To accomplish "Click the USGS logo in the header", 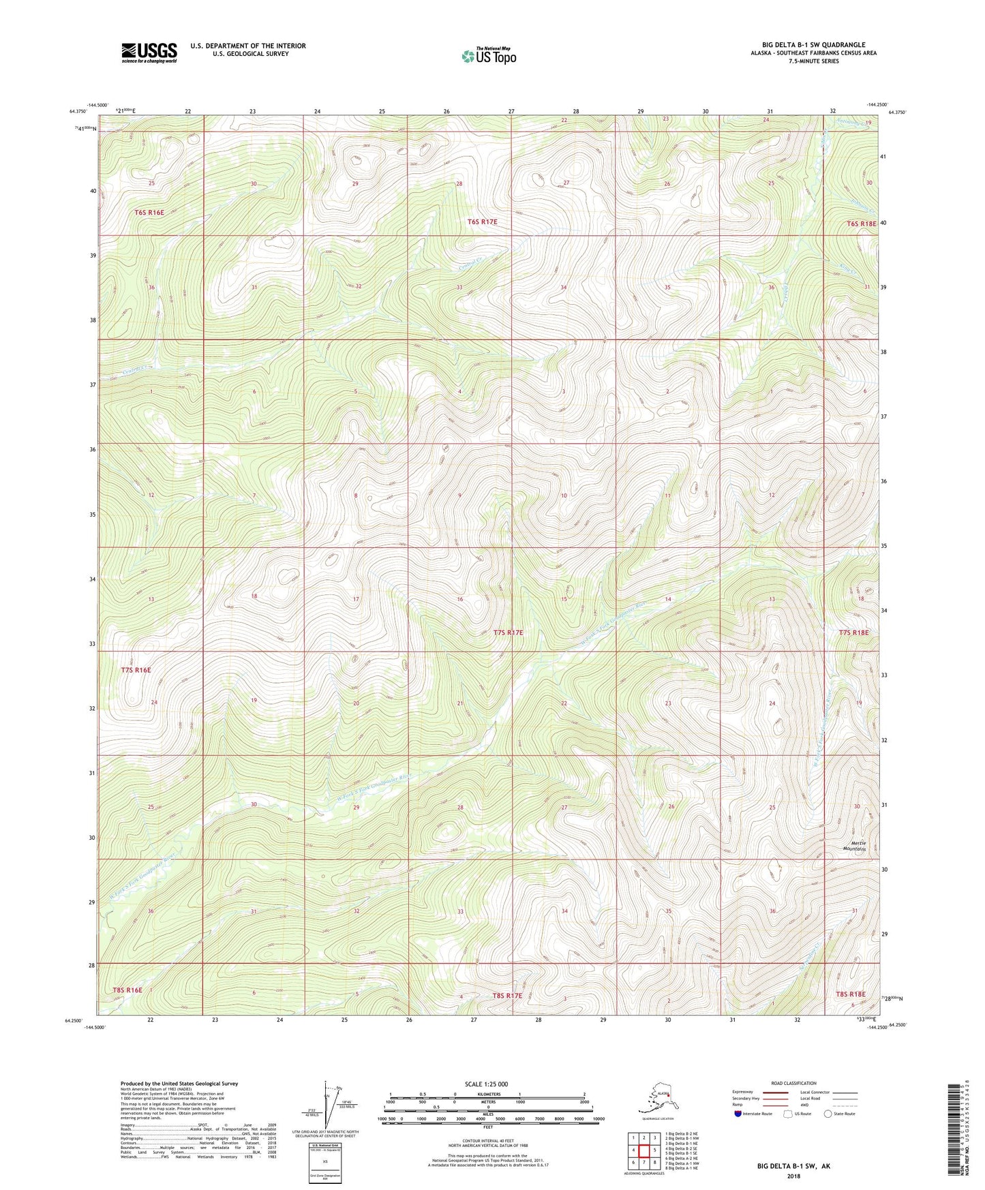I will pos(149,52).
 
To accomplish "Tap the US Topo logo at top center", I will pos(488,56).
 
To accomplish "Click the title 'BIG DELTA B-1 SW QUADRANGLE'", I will pos(813,44).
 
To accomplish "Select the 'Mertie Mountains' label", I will pos(854,846).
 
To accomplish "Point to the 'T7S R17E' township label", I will pos(508,632).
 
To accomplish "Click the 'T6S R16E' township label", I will pos(149,213).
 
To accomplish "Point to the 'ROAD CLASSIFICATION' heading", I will pos(794,1083).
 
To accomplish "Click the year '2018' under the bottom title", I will pos(793,1176).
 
